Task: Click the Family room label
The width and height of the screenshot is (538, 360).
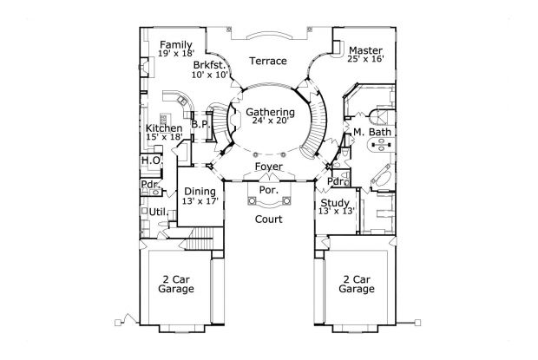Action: point(176,44)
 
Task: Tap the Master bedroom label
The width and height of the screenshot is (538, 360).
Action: point(365,49)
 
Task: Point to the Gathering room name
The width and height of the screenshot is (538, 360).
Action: point(270,112)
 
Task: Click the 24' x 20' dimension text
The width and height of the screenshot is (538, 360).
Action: point(270,122)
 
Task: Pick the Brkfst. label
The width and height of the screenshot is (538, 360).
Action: point(210,65)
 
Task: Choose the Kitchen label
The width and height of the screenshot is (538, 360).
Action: point(164,128)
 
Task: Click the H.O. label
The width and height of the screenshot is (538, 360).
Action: point(148,160)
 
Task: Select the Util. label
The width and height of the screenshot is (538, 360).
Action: point(157,211)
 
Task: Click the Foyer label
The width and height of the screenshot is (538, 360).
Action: point(266,166)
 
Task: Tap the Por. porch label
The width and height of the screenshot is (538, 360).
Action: point(266,187)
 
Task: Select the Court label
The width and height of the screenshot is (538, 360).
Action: point(266,220)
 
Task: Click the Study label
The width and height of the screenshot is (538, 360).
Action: point(334,201)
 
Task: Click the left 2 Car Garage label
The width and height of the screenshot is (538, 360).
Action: point(176,283)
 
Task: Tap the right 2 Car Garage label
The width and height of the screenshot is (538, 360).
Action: point(357,283)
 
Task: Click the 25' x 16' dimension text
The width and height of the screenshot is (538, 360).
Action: point(365,60)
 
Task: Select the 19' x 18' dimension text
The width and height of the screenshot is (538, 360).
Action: point(176,54)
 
